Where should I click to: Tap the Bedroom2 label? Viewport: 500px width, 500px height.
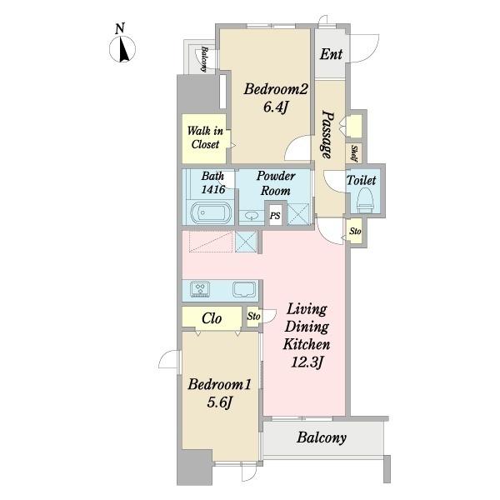pos(276,89)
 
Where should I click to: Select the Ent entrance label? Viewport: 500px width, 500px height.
pos(331,54)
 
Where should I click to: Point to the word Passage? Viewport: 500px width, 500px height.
pos(327,134)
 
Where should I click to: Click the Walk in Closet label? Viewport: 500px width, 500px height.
pos(205,137)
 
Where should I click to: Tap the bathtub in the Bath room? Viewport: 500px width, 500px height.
pos(211,212)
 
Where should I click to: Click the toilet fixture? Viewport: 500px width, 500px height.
pos(365,200)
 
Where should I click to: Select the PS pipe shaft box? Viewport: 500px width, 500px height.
pos(275,216)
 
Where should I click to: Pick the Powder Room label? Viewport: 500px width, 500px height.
pos(276,183)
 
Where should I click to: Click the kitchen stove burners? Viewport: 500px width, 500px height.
pos(200,289)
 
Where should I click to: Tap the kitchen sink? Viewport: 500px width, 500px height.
pos(244,289)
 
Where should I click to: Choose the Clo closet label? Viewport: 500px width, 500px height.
pos(212,318)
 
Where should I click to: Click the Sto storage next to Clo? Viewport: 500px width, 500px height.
pos(253,317)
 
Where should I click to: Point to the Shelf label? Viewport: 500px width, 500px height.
pos(354,153)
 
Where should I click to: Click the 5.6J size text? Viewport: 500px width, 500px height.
pos(219,402)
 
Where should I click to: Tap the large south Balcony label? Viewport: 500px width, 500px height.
pos(322,437)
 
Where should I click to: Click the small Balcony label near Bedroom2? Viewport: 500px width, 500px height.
pos(204,59)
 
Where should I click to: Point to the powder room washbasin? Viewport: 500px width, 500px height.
pos(252,217)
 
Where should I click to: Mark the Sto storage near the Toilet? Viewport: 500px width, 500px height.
pos(355,231)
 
